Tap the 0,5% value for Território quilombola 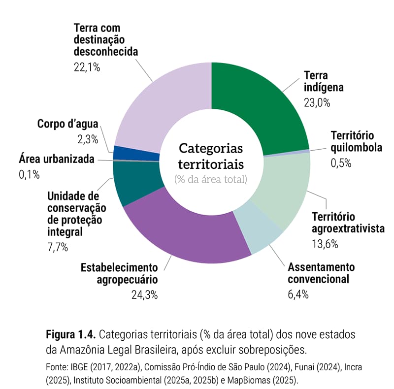pos(341,163)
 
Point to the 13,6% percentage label pos(325,243)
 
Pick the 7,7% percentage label pos(58,247)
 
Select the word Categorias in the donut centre pos(211,148)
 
